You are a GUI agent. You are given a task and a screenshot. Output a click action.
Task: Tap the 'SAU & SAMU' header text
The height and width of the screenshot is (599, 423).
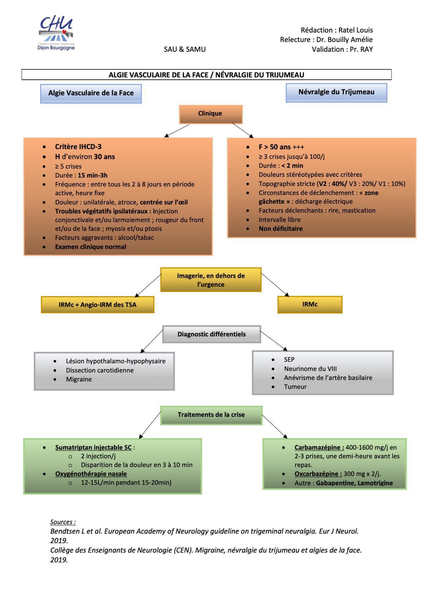coord(185,49)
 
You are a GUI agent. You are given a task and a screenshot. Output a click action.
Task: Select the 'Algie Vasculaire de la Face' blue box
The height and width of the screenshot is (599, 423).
coord(91,94)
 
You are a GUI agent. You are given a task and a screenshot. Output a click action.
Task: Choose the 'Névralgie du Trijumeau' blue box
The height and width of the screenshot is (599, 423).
coord(336,92)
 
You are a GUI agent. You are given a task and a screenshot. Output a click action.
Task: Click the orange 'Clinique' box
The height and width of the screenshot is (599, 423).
coord(210,114)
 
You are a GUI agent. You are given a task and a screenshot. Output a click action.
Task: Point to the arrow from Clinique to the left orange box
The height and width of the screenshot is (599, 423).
coord(177,131)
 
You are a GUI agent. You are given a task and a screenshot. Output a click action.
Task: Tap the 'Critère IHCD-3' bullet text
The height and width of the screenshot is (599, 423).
coord(78,147)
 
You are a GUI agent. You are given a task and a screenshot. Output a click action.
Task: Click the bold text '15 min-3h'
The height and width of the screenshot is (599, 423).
coord(93,175)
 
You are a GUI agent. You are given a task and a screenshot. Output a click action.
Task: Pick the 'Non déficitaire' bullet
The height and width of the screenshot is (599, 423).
coord(281,228)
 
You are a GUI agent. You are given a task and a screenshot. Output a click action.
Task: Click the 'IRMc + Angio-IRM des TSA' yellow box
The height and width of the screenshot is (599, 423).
coord(98,305)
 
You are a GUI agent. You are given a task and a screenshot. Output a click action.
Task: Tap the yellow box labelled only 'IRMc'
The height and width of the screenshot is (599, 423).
coord(310,304)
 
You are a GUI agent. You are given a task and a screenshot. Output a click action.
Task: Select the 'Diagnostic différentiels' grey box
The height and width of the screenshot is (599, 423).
coord(211,334)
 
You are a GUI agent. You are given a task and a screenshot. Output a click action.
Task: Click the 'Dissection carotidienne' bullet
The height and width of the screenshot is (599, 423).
coord(100,370)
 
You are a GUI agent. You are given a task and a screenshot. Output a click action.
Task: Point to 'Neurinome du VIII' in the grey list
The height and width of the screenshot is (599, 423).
coord(310,369)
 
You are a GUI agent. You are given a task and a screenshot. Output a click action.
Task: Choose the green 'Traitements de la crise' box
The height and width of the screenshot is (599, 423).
coord(211,415)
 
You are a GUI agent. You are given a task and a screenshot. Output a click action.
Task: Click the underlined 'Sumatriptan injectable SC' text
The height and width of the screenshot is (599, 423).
coord(93,448)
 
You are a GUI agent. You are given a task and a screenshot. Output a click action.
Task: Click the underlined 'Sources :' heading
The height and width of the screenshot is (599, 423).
coord(63,522)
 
